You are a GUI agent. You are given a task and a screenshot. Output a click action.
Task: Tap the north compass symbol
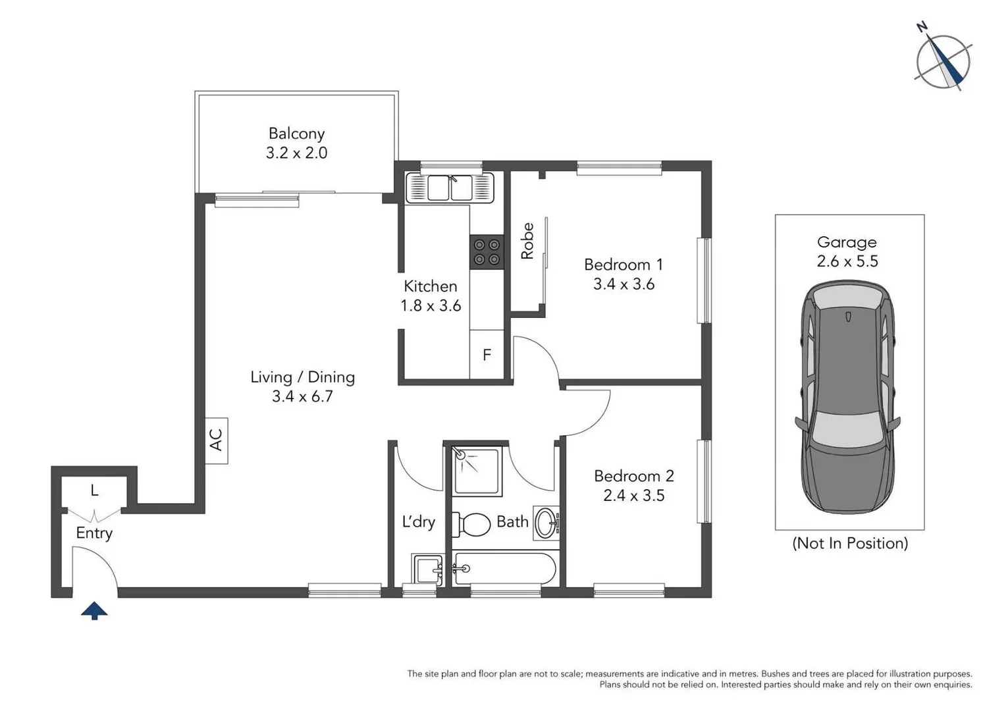[943, 62]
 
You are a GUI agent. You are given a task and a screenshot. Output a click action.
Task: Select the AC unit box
[216, 440]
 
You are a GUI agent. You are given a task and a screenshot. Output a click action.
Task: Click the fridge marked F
[487, 355]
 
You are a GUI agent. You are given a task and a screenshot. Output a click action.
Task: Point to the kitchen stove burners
[487, 252]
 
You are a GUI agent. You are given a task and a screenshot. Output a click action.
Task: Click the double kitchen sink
[450, 188]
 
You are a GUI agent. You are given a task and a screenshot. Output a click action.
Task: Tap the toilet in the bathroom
[473, 525]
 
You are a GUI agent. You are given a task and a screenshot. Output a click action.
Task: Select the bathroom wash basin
[546, 523]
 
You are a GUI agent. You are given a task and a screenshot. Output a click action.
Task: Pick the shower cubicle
[477, 470]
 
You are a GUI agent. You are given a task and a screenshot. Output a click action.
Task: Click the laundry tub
[428, 569]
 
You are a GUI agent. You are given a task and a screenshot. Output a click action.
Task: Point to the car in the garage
[848, 397]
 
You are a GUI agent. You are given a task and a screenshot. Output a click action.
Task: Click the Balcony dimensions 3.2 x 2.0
[296, 153]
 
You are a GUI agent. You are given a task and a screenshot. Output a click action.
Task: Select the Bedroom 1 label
[623, 265]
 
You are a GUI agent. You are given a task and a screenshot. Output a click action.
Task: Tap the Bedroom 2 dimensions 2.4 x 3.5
[633, 495]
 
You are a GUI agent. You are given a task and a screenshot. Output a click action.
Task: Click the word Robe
[527, 241]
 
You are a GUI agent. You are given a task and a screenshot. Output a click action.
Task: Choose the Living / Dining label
[302, 377]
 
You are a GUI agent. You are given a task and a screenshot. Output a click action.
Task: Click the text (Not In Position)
[849, 543]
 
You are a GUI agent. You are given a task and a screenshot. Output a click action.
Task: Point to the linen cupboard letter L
[94, 490]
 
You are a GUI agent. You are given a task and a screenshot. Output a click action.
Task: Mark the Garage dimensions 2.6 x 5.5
[847, 261]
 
